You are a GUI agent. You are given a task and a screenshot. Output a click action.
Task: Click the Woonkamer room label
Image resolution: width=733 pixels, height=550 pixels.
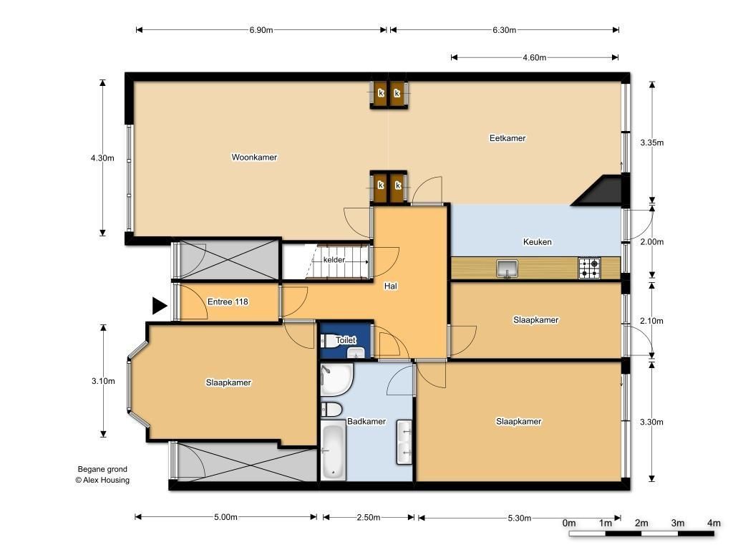click(254, 157)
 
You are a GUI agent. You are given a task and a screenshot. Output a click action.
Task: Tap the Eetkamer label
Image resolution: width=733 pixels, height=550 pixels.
click(508, 138)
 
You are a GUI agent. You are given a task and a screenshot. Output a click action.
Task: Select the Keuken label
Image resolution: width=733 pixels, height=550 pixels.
click(537, 242)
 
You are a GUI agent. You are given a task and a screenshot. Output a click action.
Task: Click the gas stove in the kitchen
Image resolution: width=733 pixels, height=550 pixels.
click(589, 268)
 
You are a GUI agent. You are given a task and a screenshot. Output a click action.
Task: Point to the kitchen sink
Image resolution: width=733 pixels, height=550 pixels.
click(507, 269)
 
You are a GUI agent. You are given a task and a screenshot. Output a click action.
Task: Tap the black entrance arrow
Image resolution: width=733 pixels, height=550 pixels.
click(160, 306)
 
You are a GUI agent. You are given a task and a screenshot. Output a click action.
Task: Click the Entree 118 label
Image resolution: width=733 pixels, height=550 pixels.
click(228, 301)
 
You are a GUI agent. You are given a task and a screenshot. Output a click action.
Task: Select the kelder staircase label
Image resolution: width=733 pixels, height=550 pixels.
click(334, 259)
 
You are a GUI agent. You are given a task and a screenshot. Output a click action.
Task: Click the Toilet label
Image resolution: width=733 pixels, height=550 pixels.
click(346, 340)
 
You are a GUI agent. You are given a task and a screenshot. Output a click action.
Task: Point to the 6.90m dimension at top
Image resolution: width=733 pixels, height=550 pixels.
click(261, 30)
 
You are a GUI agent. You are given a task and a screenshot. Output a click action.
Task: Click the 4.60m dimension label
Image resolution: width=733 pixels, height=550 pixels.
click(534, 57)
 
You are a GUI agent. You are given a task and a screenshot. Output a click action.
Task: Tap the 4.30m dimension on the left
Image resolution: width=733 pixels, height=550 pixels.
click(102, 158)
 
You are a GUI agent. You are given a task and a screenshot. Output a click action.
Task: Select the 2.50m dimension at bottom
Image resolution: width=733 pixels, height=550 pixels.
click(369, 517)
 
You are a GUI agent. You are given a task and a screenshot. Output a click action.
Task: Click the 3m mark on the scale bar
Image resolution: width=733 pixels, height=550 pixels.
click(678, 523)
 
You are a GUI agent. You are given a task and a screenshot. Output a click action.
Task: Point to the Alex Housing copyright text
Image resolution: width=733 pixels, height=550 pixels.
click(102, 480)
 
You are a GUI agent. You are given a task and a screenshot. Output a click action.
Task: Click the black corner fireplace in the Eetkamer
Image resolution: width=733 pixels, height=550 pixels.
click(601, 190)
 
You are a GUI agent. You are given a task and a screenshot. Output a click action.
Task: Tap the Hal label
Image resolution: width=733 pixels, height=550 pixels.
click(391, 286)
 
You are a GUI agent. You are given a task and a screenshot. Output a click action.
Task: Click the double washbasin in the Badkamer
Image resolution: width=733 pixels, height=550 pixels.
click(404, 443)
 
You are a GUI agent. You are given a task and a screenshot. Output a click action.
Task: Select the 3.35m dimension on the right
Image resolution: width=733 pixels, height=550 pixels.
click(651, 143)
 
